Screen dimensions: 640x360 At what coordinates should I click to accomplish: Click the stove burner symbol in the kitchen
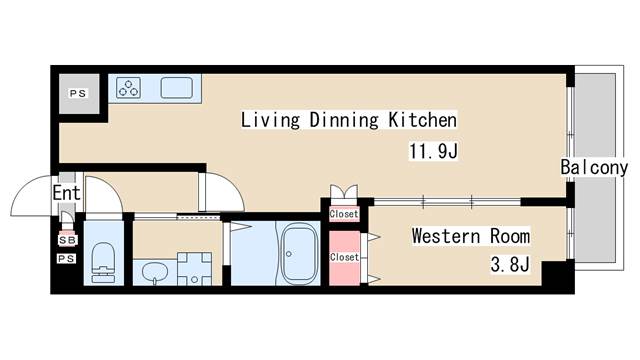pos(129,88)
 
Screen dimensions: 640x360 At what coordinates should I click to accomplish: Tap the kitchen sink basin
pos(176,88)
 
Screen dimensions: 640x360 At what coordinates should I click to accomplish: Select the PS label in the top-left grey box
pos(78,93)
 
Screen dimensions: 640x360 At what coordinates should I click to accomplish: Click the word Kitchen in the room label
pos(422,120)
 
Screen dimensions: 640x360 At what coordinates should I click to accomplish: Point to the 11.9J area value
pos(433,151)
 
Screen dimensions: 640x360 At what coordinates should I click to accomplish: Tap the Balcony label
pos(594,167)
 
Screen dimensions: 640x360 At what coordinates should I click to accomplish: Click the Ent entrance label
pos(67,193)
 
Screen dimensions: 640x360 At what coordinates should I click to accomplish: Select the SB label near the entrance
pos(67,240)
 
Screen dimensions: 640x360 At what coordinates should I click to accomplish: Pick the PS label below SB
pos(66,258)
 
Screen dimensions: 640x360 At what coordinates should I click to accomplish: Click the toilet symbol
pos(103,263)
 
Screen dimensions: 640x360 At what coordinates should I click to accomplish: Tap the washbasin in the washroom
pos(155,271)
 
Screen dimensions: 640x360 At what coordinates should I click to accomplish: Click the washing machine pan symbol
pos(194,269)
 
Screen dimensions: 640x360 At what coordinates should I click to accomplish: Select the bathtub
pos(300,255)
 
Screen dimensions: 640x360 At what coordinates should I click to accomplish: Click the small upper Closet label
pos(344,214)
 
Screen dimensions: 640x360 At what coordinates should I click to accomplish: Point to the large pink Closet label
pos(344,257)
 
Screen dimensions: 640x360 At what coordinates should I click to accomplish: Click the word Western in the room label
pos(446,236)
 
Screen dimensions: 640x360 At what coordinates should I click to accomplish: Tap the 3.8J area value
pos(510,265)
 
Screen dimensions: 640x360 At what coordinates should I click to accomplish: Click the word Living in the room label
pos(270,120)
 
